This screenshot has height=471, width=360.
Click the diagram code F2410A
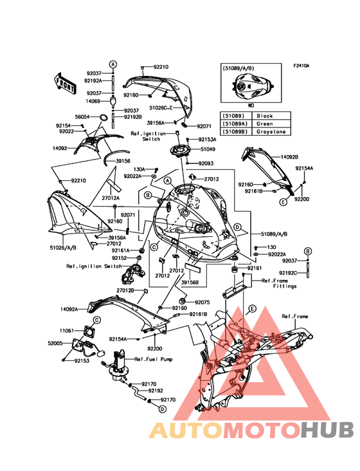coord(301,66)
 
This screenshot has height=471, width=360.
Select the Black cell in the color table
coord(265,116)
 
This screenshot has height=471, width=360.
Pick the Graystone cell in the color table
coord(271,131)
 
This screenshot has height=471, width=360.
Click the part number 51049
coord(208,149)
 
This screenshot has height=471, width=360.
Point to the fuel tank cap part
coord(180,151)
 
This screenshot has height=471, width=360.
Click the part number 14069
coord(93,101)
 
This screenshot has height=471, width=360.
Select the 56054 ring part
coord(103,117)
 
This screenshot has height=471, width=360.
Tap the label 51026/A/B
coord(63,248)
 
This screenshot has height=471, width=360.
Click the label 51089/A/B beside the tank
coord(274,234)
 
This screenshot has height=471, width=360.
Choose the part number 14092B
coord(289,157)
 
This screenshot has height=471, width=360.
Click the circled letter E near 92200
coord(283,203)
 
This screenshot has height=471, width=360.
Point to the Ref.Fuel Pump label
coord(153,359)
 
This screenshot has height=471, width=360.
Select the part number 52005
coord(55,343)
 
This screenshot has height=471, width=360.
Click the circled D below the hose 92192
coord(162,409)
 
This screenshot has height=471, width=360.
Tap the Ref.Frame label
coord(295,317)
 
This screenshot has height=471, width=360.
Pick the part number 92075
coord(203,302)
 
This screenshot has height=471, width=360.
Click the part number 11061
coord(67,331)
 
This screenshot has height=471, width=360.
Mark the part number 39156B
coord(190,282)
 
